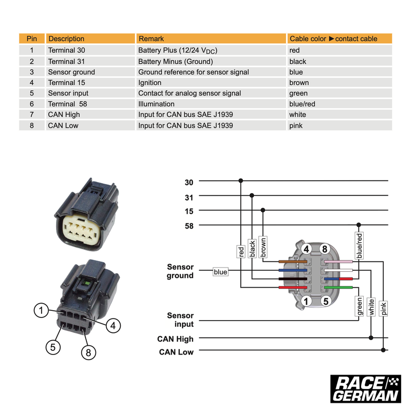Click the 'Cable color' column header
click(333, 39)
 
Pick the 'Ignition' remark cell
click(150, 83)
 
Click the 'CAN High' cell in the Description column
click(64, 115)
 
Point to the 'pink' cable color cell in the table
click(296, 125)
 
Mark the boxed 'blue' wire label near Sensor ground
click(220, 272)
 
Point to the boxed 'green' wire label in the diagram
click(359, 306)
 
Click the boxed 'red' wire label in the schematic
click(240, 252)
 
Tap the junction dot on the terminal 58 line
click(359, 225)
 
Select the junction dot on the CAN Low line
click(383, 350)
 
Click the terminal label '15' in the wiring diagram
click(189, 211)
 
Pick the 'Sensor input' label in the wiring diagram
click(180, 320)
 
